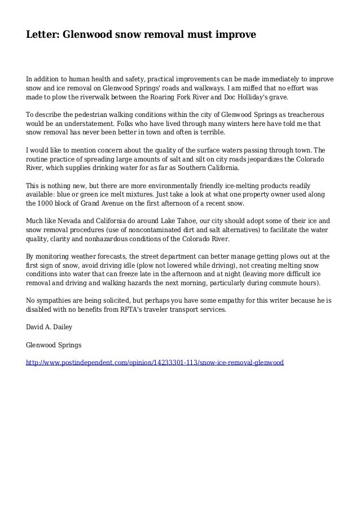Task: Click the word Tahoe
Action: tap(170, 221)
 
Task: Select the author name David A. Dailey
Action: tap(50, 327)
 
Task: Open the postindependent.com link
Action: tap(155, 362)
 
